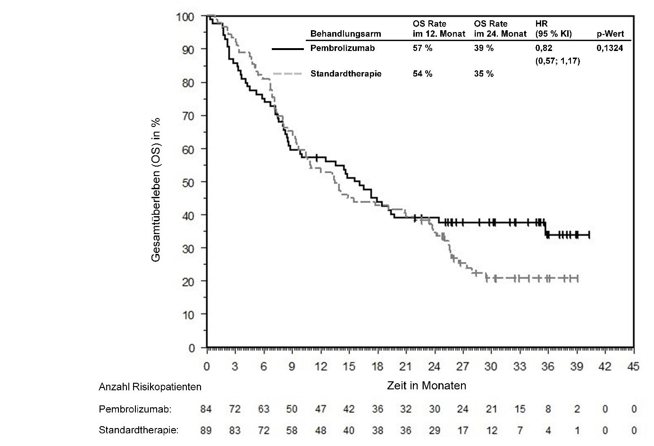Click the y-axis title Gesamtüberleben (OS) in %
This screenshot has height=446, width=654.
pos(156,189)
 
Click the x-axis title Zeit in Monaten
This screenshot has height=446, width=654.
pos(427,386)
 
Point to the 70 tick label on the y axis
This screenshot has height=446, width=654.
pos(188,116)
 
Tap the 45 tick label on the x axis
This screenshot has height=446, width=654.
pos(633,367)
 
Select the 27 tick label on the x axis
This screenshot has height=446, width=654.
pos(462,367)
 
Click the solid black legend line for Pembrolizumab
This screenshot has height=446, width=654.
pos(288,48)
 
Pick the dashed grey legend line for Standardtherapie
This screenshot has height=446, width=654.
pos(288,74)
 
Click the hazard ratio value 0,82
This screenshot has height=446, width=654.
pos(544,48)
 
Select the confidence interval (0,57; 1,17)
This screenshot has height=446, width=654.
pos(557,61)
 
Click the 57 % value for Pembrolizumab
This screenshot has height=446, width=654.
pos(422,48)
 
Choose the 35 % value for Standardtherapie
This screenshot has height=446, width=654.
pos(484,74)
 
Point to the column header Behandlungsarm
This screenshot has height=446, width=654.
pos(345,34)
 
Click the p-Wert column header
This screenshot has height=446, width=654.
pos(610,34)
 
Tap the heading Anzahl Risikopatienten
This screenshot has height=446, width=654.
pos(150,387)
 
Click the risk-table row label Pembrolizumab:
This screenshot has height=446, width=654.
pos(135,409)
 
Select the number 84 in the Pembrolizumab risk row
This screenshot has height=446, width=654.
pos(207,409)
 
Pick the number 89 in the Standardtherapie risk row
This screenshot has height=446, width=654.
pos(207,430)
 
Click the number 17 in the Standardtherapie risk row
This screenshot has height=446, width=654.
pos(462,430)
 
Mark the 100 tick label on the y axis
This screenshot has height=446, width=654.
pos(185,17)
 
